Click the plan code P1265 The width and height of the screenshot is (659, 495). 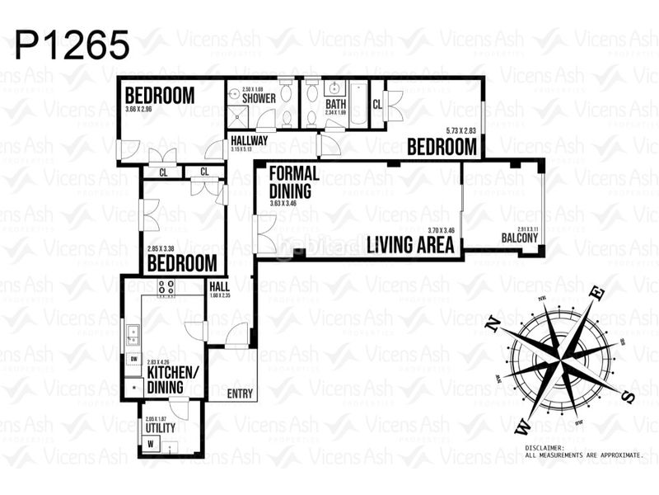click(72, 45)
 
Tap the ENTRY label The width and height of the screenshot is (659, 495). click(239, 394)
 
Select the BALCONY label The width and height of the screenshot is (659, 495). click(520, 239)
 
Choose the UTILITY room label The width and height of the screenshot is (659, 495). click(160, 429)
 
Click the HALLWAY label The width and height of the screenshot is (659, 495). click(249, 140)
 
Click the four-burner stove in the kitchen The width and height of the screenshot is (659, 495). click(166, 288)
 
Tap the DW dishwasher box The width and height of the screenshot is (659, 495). click(131, 360)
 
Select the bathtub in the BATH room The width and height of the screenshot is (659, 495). click(358, 103)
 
